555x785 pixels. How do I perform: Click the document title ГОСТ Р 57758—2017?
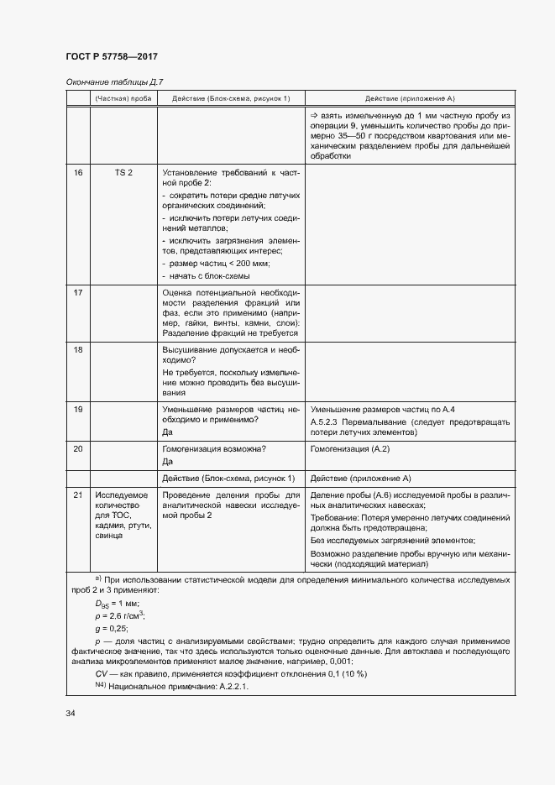112,57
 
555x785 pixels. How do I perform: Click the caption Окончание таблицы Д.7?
114,82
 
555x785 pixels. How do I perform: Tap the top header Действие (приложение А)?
410,98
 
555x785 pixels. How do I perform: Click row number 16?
78,172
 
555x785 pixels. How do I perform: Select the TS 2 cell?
123,172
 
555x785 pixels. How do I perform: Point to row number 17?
78,292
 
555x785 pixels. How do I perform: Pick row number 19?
78,409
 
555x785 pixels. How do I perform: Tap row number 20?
78,449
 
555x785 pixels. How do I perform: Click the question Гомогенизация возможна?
214,449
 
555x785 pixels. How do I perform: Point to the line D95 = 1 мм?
117,604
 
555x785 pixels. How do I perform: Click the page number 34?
71,714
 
